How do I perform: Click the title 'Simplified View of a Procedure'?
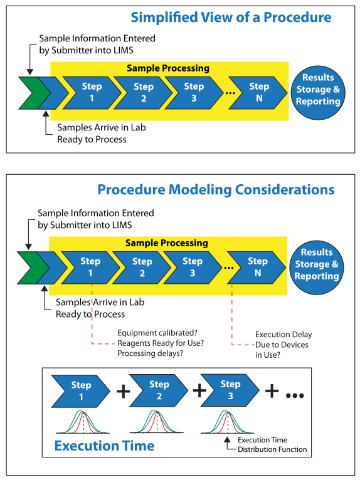(x=231, y=18)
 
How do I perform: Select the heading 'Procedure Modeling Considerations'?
(x=216, y=190)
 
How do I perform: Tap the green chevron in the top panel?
(x=33, y=93)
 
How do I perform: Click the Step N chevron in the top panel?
(x=258, y=93)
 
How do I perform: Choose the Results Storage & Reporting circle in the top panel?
(x=318, y=93)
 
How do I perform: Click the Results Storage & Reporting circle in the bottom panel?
(x=317, y=267)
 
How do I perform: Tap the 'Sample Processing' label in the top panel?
(x=168, y=68)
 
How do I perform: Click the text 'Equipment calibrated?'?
(x=157, y=333)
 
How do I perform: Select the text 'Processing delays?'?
(x=150, y=353)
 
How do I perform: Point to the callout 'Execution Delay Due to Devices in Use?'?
(x=283, y=345)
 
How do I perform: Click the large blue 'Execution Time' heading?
(x=104, y=446)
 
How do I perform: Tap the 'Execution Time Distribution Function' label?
(x=272, y=444)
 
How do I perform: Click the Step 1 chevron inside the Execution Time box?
(x=80, y=391)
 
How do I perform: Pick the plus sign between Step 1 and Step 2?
(x=124, y=391)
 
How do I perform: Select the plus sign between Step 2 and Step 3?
(x=199, y=390)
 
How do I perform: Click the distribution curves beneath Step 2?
(x=157, y=422)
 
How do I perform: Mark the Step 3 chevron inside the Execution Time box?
(x=230, y=390)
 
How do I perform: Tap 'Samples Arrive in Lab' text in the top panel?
(x=102, y=127)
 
